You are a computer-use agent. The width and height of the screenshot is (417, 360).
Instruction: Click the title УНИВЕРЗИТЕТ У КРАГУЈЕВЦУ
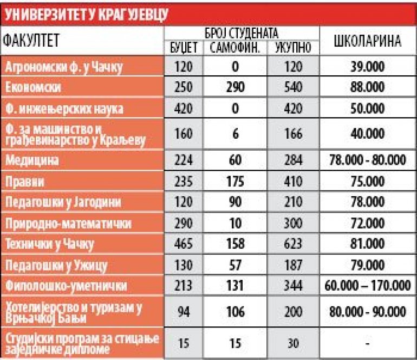click(x=87, y=15)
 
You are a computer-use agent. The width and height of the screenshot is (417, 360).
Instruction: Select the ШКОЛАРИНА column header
click(x=368, y=41)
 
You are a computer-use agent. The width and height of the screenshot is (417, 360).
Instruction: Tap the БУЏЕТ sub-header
click(x=184, y=48)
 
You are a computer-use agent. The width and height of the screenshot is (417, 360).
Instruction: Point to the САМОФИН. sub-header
click(x=234, y=48)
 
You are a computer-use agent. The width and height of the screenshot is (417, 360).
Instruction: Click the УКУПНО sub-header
click(x=293, y=48)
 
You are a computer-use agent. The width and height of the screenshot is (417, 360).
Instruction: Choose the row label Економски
click(x=33, y=87)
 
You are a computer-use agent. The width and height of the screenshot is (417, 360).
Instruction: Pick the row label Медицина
click(x=32, y=160)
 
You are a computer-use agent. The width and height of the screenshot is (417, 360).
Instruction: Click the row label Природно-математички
click(x=68, y=223)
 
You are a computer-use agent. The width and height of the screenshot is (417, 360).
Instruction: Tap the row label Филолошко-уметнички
click(x=66, y=286)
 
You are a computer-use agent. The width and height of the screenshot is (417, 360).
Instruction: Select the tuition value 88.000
click(x=368, y=87)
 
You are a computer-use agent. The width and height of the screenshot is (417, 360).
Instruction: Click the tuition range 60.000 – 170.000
click(x=368, y=285)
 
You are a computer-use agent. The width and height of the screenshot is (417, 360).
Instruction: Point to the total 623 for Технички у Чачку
click(x=293, y=243)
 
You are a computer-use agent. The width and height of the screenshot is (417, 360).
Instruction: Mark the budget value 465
click(x=184, y=243)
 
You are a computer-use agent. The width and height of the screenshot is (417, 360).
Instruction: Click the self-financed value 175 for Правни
click(x=235, y=181)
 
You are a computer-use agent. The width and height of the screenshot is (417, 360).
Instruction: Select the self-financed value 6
click(x=236, y=134)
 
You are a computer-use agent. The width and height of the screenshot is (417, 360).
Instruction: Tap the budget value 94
click(x=184, y=312)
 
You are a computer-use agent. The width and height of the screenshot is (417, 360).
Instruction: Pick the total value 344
click(x=293, y=285)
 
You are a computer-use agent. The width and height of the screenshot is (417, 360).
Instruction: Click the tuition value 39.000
click(x=368, y=66)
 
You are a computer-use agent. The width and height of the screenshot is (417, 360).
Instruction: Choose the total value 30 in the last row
click(x=293, y=344)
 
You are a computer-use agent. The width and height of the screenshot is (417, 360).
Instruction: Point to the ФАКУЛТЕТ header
click(x=31, y=41)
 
